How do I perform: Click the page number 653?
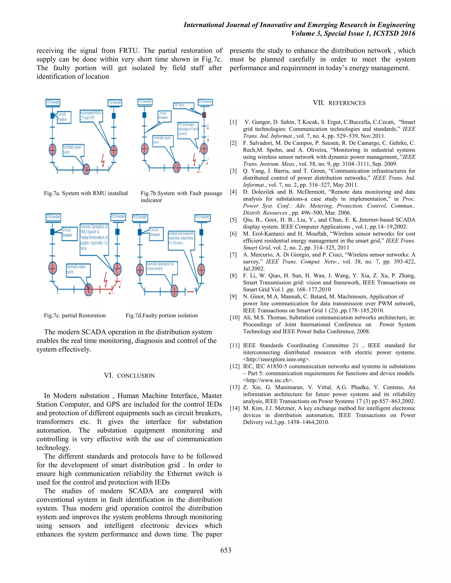(225, 550)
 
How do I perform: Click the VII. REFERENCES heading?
(339, 103)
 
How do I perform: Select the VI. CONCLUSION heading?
(129, 376)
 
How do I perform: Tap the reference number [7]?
(233, 255)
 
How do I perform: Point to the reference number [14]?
(235, 408)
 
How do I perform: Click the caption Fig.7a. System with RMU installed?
(86, 193)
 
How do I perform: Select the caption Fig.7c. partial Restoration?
(75, 315)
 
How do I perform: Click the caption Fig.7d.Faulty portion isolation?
(162, 315)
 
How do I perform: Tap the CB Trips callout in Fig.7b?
(183, 105)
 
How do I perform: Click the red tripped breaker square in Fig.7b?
(204, 115)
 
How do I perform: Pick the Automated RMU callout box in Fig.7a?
(91, 115)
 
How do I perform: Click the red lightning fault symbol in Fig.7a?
(103, 160)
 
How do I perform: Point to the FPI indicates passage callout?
(188, 130)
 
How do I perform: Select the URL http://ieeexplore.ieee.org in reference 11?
(276, 359)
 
